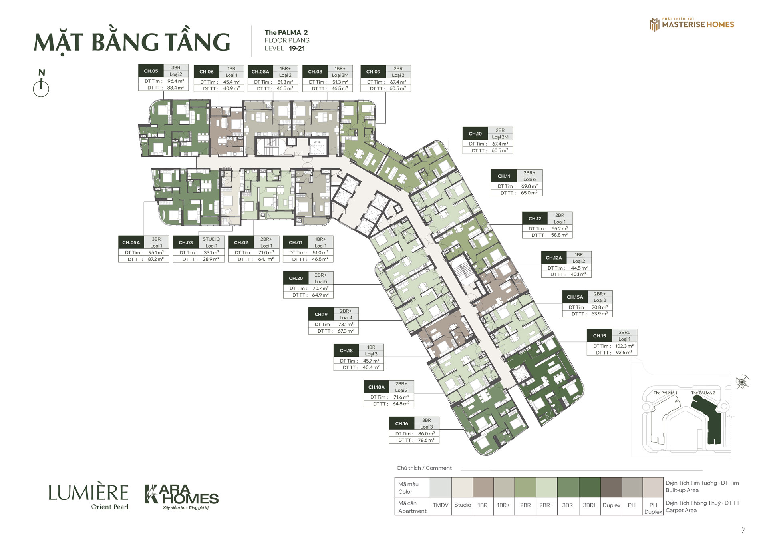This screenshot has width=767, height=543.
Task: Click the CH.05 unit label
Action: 151,71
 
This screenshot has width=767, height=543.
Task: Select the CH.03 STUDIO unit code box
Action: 186,242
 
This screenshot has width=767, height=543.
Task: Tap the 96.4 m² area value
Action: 176,81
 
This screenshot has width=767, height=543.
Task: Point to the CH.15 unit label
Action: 600,336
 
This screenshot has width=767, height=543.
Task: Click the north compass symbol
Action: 41,84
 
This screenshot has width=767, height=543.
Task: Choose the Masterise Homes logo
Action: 692,24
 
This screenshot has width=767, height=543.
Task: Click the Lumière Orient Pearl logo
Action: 88,497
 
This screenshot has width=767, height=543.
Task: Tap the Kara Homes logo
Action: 181,497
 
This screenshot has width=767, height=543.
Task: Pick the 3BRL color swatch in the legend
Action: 590,487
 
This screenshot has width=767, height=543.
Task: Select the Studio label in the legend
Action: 463,505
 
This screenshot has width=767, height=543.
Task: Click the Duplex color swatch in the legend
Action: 611,487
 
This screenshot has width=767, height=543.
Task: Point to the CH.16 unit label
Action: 402,423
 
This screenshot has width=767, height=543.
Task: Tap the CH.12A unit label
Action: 554,258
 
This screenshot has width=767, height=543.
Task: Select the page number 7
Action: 743,530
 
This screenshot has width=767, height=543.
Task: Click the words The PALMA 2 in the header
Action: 286,32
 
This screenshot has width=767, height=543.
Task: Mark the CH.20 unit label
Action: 296,278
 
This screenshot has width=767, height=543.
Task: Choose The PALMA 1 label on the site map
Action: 665,393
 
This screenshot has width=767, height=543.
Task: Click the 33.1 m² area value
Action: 211,253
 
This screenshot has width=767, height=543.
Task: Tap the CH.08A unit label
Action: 260,72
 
